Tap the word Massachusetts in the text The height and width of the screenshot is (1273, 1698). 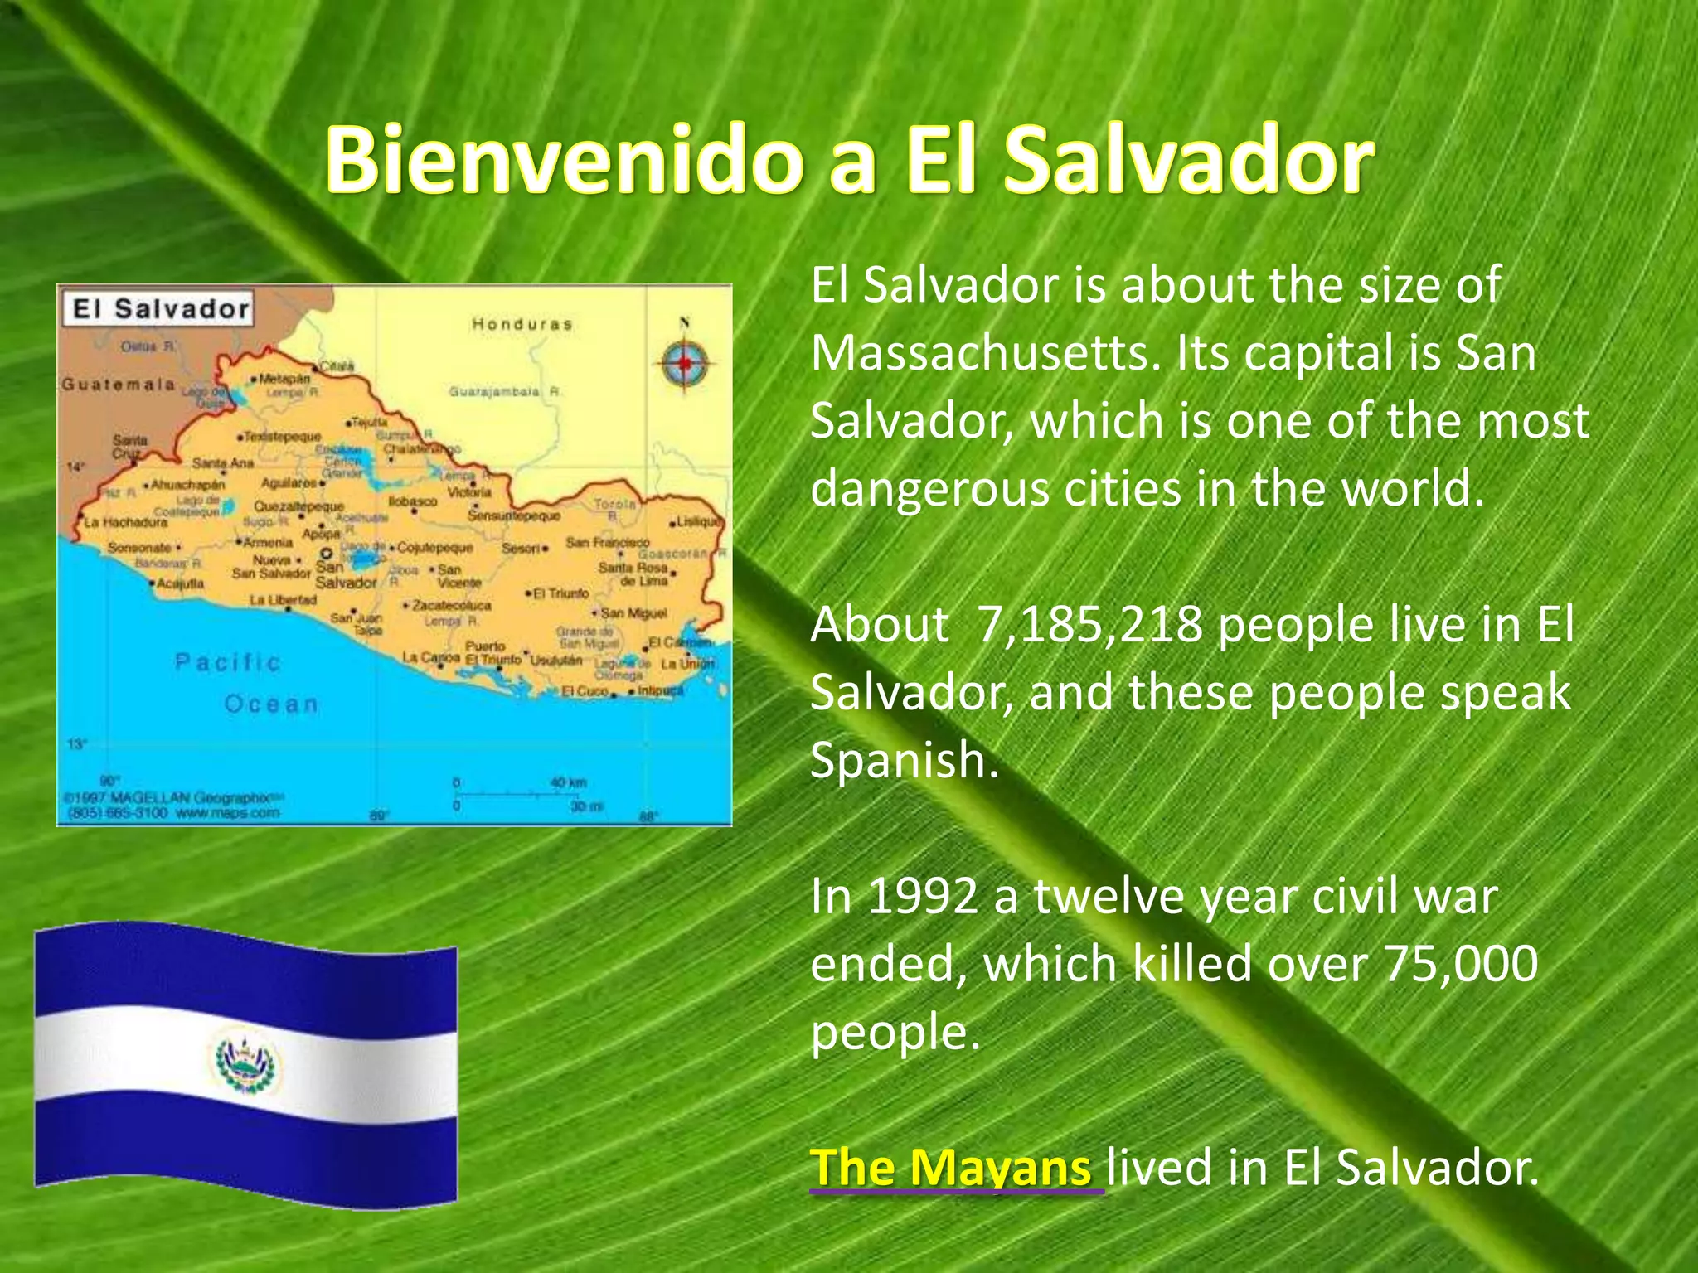tap(983, 353)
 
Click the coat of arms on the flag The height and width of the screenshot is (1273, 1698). tap(247, 1062)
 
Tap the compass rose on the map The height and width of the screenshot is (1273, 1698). tap(685, 362)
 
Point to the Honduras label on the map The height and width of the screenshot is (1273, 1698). tap(522, 324)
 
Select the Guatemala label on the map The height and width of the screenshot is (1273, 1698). tap(119, 385)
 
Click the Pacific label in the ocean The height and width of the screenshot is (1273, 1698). tap(228, 661)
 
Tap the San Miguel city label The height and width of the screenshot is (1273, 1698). tap(633, 612)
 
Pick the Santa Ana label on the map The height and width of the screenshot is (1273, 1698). tap(222, 462)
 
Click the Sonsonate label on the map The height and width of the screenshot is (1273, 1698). tap(139, 548)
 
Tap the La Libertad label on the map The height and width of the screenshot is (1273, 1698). tap(283, 599)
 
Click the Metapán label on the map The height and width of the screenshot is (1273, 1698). tap(284, 378)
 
